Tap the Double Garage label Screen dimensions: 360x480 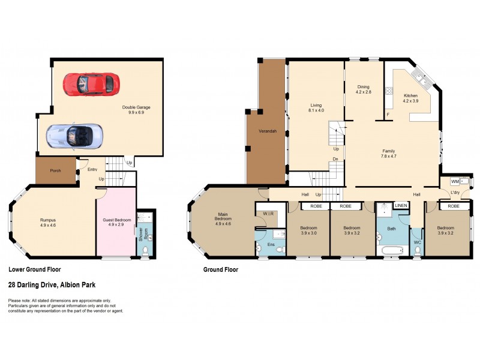136,110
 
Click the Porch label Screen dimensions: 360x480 55,170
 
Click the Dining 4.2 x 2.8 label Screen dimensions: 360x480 364,89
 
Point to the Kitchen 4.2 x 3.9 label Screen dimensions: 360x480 411,98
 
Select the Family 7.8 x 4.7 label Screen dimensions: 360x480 393,153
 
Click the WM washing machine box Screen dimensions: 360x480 455,181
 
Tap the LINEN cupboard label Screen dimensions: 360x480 401,206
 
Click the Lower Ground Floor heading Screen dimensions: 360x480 34,270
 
